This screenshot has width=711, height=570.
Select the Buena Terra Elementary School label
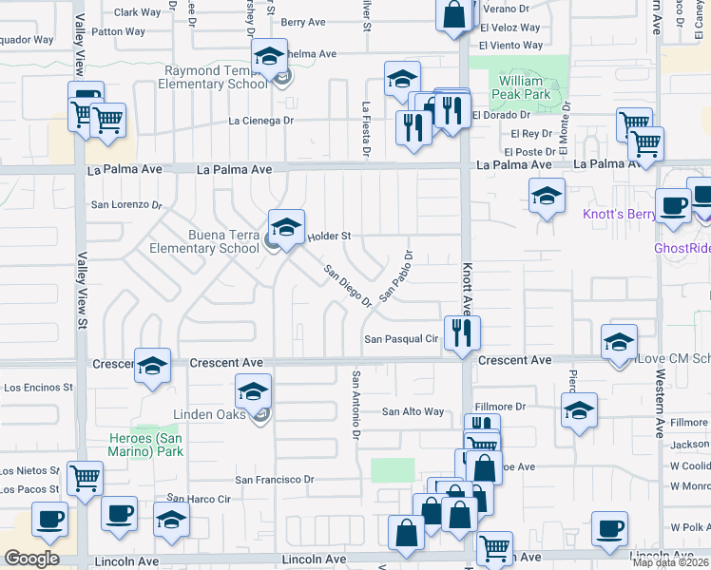(x=204, y=241)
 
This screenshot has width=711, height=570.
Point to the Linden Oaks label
(x=209, y=414)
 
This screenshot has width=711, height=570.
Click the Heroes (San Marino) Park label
(x=145, y=444)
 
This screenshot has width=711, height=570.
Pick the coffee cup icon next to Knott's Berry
(x=673, y=205)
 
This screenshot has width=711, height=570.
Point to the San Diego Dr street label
(x=347, y=286)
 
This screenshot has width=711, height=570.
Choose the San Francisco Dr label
(x=275, y=480)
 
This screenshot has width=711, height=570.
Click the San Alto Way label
(x=413, y=411)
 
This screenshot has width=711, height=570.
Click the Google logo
(x=31, y=558)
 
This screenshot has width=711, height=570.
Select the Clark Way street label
(x=138, y=12)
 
